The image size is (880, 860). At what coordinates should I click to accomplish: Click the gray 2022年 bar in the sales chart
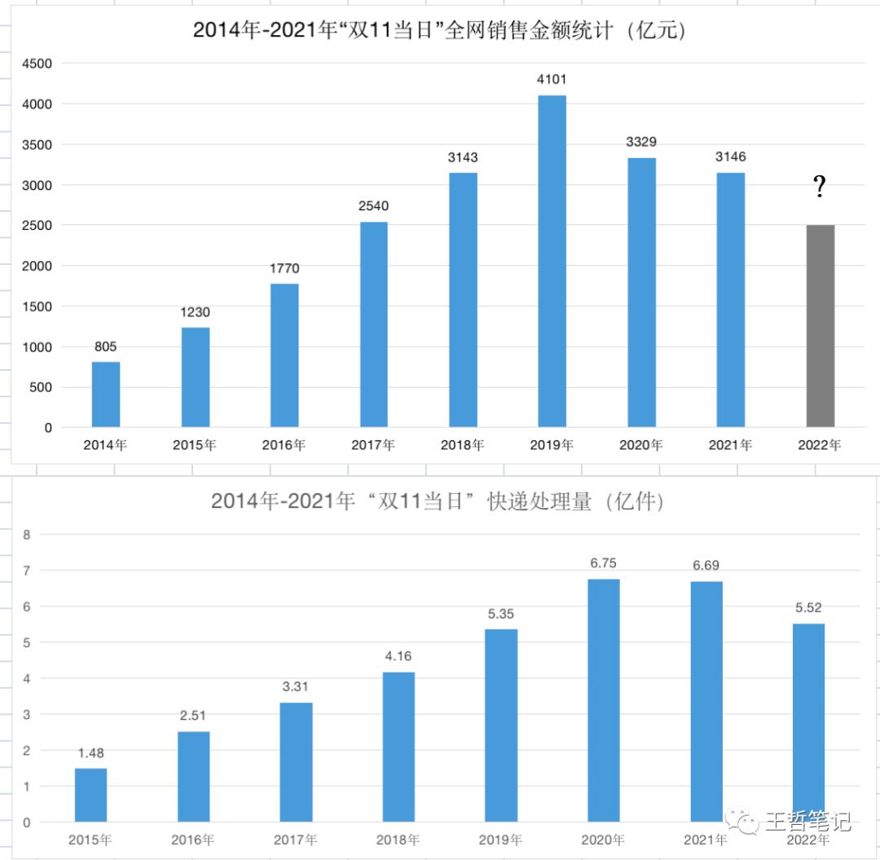(820, 326)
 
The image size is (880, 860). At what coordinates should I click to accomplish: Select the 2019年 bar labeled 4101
(552, 261)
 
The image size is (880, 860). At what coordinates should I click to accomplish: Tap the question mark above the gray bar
(820, 188)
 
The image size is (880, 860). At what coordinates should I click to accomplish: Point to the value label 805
(106, 347)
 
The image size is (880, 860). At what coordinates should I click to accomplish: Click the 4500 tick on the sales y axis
(37, 64)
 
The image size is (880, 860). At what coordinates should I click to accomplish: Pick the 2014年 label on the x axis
(106, 445)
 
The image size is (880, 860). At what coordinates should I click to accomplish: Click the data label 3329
(641, 143)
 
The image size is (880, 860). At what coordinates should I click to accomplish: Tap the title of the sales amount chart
(439, 31)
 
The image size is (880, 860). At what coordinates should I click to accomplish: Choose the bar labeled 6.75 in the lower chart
(603, 700)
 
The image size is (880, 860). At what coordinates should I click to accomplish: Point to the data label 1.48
(90, 753)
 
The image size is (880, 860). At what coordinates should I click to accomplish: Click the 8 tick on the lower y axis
(27, 535)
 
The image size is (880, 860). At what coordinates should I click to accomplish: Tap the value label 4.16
(398, 657)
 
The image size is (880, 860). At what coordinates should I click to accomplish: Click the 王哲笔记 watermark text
(807, 820)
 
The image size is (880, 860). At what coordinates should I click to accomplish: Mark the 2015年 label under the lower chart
(90, 840)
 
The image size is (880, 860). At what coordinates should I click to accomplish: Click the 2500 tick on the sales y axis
(37, 225)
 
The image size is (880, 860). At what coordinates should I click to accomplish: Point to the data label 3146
(731, 157)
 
